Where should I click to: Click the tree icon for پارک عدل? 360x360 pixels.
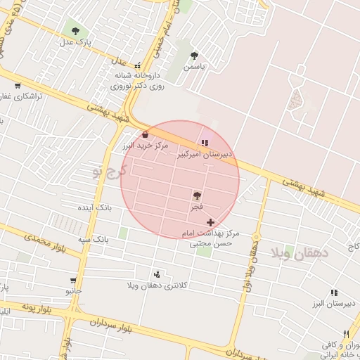click(75, 31)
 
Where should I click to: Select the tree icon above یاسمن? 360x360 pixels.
click(194, 56)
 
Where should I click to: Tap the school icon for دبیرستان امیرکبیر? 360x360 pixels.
click(205, 143)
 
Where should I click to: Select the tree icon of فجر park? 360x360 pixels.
click(196, 195)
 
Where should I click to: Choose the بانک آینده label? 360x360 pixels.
click(94, 209)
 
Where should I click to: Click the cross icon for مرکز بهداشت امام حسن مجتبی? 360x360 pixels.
click(210, 222)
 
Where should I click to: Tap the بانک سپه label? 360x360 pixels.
click(94, 239)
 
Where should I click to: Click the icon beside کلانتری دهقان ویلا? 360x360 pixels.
click(156, 274)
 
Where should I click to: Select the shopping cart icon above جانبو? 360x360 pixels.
click(73, 279)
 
